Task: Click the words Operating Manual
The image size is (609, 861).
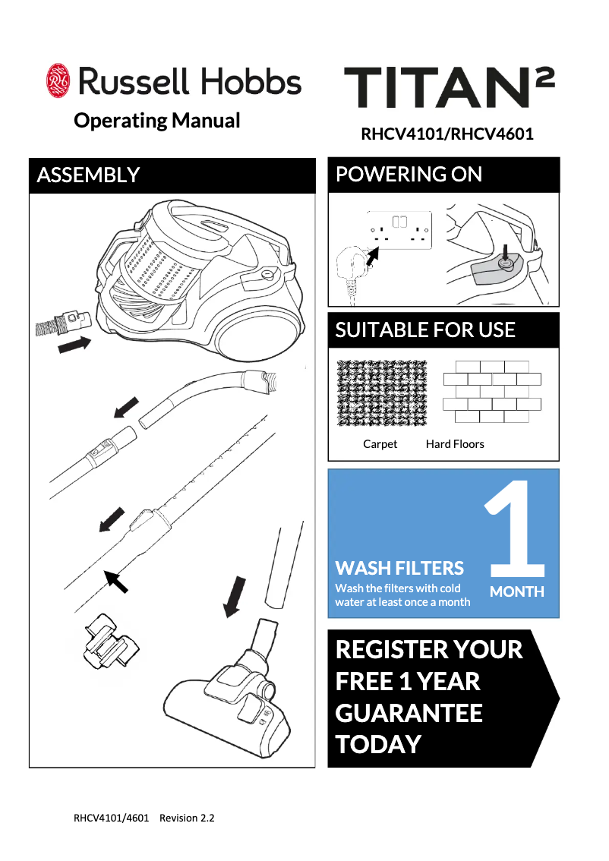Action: (156, 121)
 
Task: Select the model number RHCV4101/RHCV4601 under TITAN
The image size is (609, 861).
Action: (446, 135)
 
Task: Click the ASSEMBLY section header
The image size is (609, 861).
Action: (88, 175)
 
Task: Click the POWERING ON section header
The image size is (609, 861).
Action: (409, 175)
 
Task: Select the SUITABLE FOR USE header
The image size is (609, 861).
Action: (425, 330)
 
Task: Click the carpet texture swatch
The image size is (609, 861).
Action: (382, 393)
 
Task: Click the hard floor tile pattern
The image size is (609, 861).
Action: (491, 392)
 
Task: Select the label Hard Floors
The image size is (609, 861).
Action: (455, 444)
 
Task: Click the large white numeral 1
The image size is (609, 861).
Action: (516, 528)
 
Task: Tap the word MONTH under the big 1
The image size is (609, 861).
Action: (517, 591)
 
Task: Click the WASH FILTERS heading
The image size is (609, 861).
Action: (399, 568)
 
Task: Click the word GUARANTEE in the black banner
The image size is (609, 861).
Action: (409, 713)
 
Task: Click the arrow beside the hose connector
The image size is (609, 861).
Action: (74, 345)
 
